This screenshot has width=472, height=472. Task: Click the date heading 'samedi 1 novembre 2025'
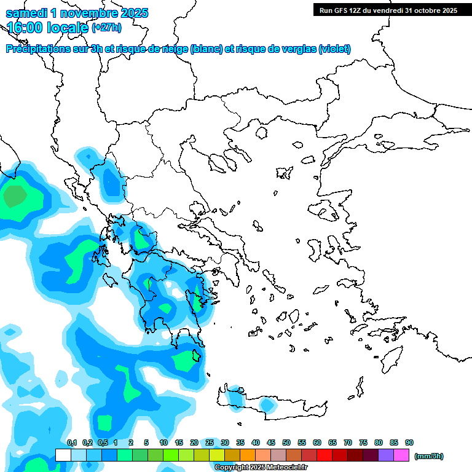77,13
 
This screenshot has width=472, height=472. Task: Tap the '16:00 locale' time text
48,27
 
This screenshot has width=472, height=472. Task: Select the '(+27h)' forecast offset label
106,28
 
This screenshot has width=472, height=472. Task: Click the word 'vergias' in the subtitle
296,49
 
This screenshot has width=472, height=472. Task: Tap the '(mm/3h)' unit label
429,456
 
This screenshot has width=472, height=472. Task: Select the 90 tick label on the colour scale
409,443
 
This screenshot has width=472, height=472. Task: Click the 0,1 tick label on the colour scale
71,443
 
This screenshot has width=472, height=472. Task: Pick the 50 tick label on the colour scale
286,443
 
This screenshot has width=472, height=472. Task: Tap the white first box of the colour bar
63,455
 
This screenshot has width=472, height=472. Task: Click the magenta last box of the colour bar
401,455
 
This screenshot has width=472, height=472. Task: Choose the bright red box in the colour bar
324,455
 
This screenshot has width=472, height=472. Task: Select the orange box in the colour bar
248,455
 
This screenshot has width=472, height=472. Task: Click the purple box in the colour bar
386,455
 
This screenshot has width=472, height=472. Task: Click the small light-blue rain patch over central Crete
266,405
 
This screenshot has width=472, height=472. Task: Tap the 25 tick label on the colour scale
210,443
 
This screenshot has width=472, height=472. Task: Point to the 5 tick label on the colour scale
146,443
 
